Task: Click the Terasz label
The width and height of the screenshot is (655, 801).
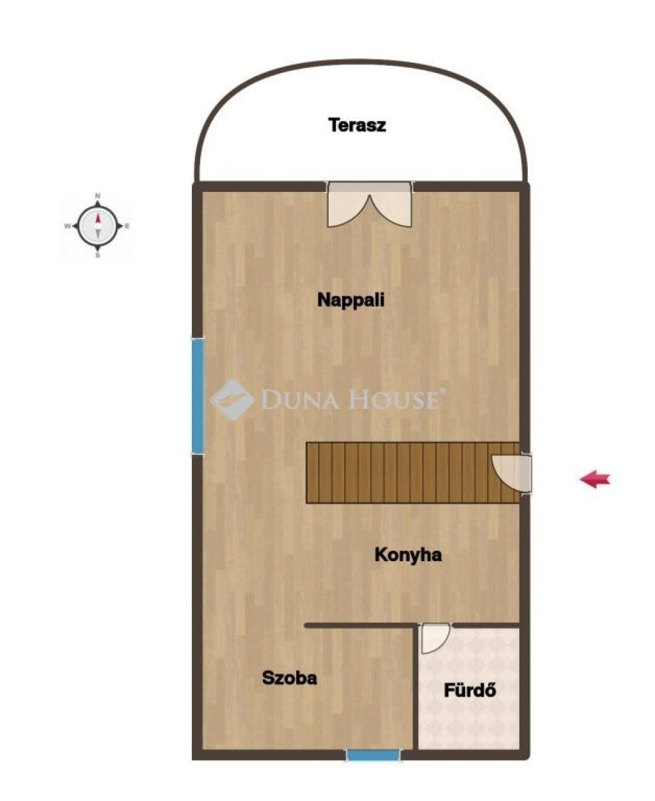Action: tap(357, 125)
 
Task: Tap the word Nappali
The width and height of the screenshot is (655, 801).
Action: tap(351, 299)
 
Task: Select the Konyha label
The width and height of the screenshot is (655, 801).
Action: tap(408, 555)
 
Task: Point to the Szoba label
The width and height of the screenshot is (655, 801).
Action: tap(289, 678)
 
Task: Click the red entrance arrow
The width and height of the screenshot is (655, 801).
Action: tap(595, 479)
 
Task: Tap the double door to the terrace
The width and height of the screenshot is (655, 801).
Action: tap(370, 205)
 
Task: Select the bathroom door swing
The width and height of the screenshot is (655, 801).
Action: tap(436, 638)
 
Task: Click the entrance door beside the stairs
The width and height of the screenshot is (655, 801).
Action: tap(512, 473)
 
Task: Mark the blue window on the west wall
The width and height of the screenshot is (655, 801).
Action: tap(198, 396)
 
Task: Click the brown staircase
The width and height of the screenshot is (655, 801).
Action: tap(413, 472)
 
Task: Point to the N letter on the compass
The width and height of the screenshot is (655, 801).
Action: tap(98, 196)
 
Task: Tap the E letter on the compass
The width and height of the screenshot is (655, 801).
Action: tap(127, 226)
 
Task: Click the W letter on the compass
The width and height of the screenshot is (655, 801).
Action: tap(68, 226)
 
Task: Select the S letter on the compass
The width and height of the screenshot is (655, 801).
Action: tap(98, 256)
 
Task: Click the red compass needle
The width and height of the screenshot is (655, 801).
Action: tap(98, 218)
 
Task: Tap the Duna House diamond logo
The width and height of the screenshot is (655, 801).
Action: tap(232, 400)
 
